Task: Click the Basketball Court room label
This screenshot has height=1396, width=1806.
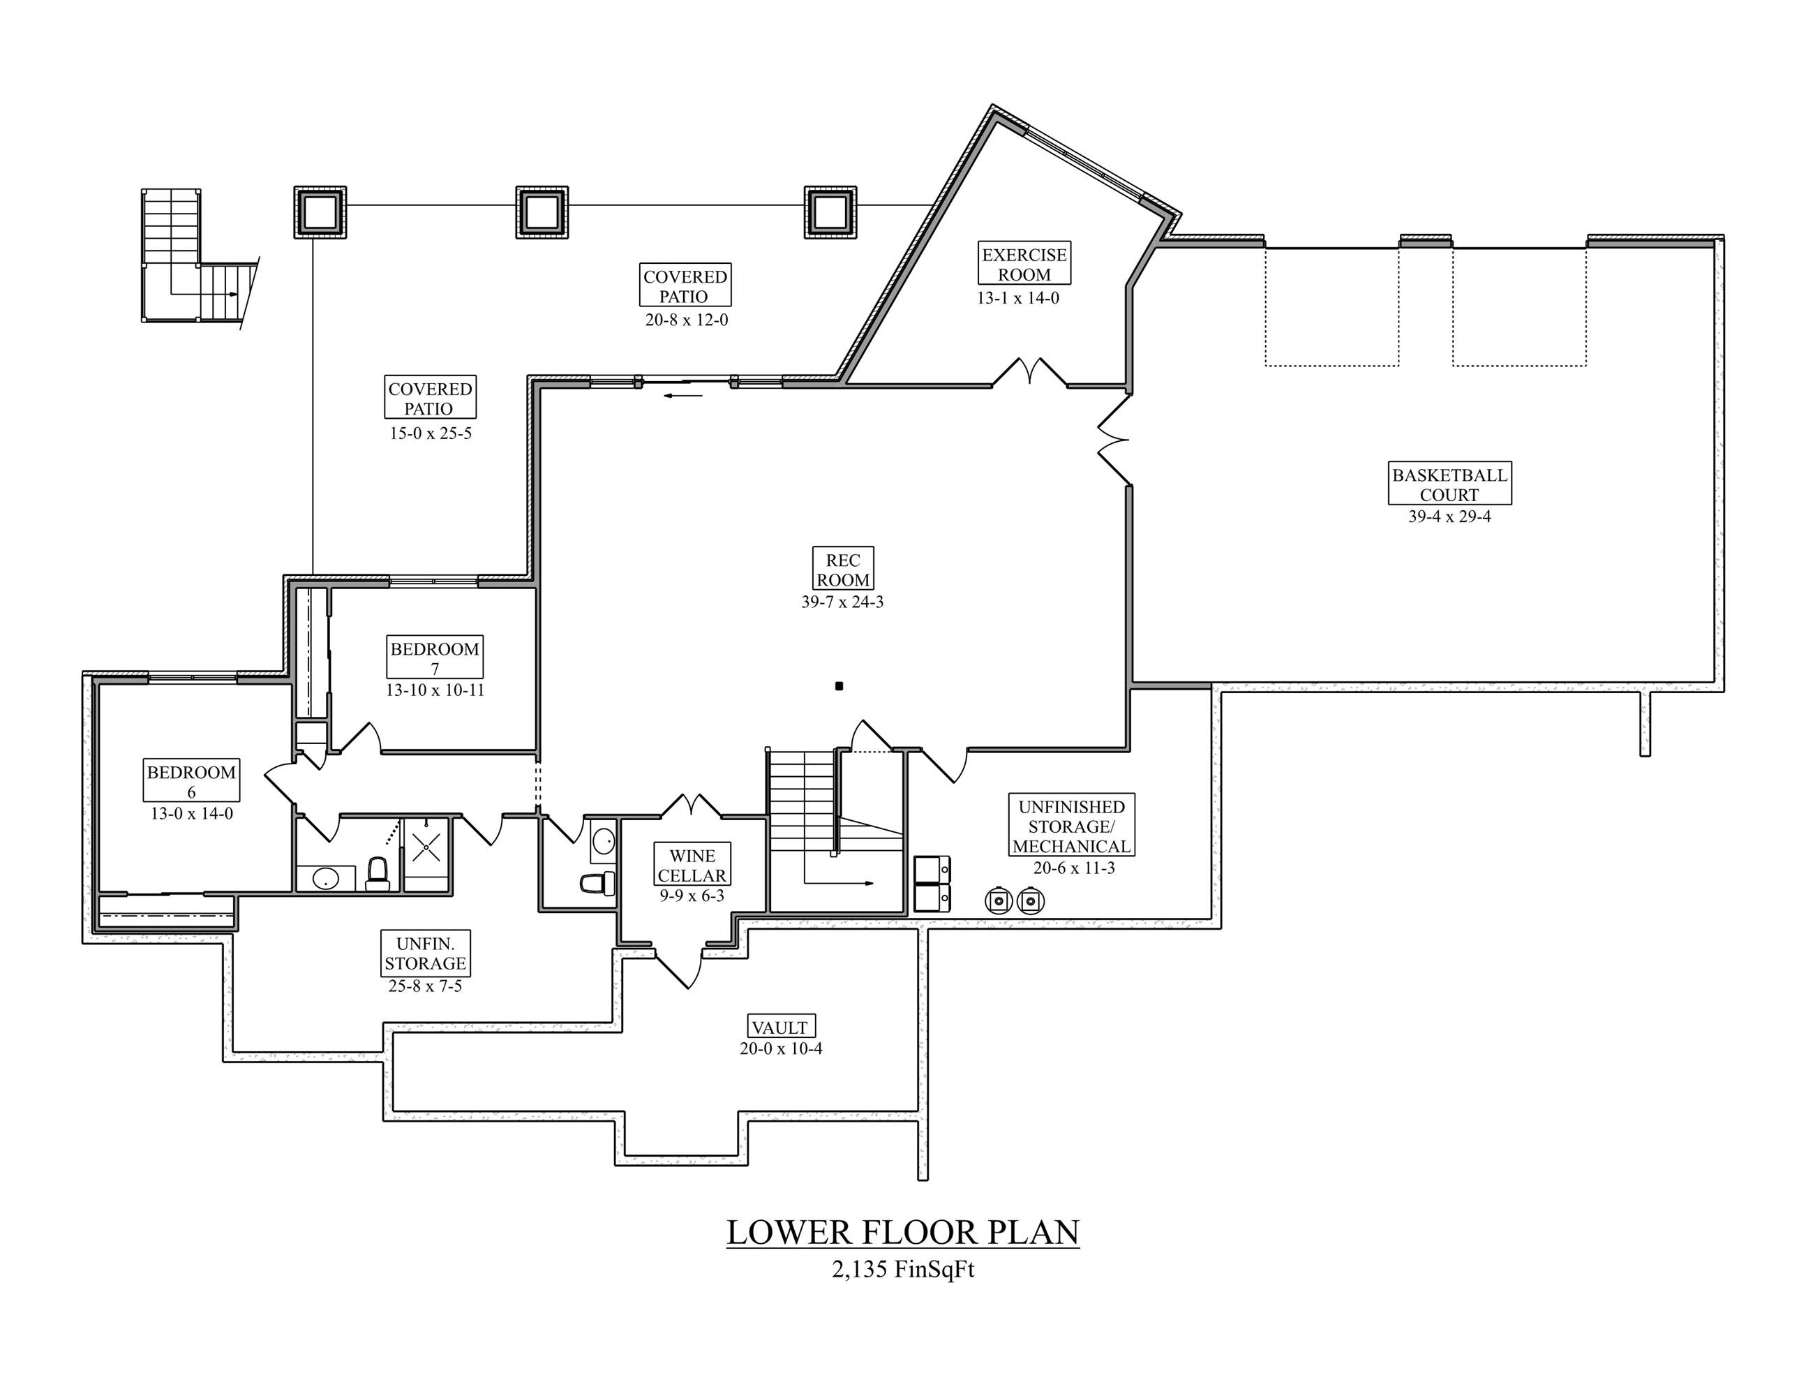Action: coord(1449,484)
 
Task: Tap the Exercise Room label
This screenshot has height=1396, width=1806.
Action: coord(1024,264)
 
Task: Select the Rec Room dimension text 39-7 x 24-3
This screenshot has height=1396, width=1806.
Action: coord(842,602)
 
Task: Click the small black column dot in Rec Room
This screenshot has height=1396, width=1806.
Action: coord(839,685)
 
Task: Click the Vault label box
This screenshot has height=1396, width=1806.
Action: coord(779,1027)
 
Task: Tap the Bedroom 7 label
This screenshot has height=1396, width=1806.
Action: coord(434,658)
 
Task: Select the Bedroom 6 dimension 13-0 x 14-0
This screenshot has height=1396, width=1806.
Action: coord(191,814)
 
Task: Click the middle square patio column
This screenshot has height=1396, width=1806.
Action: coord(542,213)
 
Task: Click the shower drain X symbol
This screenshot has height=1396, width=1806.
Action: coord(426,845)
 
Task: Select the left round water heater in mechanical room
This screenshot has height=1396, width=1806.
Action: coord(999,900)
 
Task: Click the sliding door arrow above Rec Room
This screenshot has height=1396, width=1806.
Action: coord(683,395)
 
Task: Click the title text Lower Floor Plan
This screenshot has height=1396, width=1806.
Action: coord(902,1232)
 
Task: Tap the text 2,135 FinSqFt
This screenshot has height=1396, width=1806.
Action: coord(902,1270)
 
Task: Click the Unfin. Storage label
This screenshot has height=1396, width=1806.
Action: coord(425,953)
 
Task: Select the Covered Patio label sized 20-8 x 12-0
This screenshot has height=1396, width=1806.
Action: coord(685,286)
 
